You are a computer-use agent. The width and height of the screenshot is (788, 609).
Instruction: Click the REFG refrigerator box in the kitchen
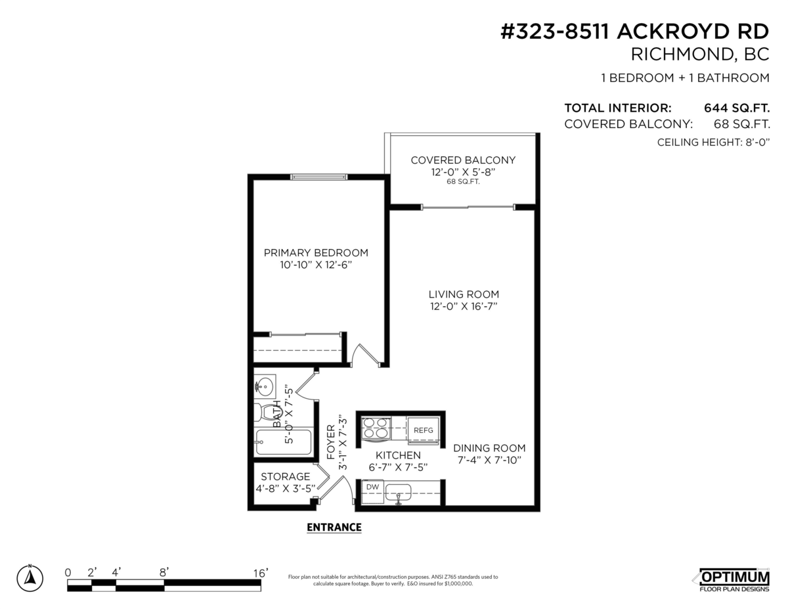[424, 430]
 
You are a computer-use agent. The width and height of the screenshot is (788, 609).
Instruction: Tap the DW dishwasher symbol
[372, 487]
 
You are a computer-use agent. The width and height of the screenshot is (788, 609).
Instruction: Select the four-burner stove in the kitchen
[375, 428]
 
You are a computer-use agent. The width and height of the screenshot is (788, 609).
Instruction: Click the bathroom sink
[265, 386]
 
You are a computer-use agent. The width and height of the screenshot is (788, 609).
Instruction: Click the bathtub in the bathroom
[283, 442]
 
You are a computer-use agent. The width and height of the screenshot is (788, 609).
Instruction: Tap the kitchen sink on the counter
[399, 491]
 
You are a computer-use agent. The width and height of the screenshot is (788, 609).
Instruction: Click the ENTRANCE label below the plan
[334, 527]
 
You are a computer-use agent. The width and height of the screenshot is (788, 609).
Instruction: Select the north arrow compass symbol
[30, 578]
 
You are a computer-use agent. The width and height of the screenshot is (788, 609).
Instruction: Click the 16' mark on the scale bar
[261, 573]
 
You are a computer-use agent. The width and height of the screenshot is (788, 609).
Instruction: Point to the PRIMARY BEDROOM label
[316, 253]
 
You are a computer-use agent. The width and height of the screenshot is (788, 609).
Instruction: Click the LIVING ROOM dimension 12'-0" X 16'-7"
[464, 306]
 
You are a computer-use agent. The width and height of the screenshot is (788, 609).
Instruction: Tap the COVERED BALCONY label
[463, 160]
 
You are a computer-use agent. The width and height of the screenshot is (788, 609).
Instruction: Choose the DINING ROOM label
[489, 448]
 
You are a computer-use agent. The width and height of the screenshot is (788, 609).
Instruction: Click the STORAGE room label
[285, 476]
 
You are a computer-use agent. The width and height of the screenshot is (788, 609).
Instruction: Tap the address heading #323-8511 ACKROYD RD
[634, 32]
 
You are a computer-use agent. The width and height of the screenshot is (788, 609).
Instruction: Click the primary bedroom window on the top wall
[318, 176]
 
